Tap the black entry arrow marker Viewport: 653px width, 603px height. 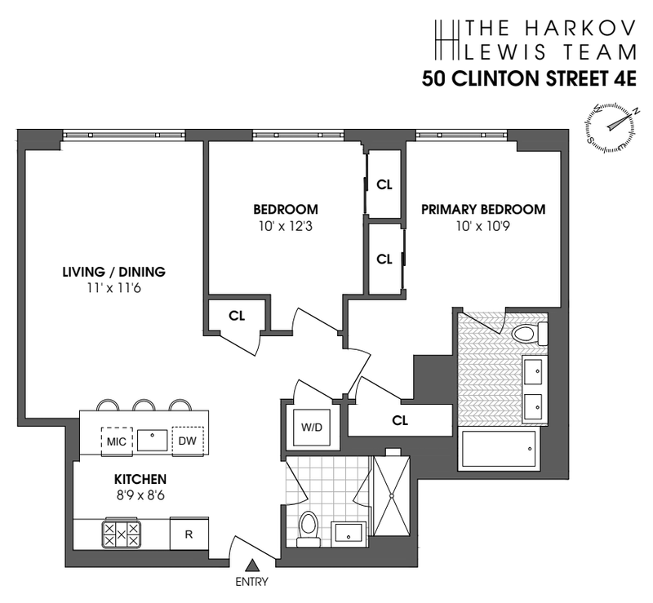pyautogui.click(x=252, y=565)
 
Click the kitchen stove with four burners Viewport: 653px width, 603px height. pyautogui.click(x=121, y=534)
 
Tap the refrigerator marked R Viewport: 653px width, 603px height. pyautogui.click(x=189, y=534)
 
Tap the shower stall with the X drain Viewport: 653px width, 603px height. pyautogui.click(x=394, y=494)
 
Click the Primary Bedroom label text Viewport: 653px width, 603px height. pyautogui.click(x=483, y=210)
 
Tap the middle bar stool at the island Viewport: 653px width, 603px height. pyautogui.click(x=144, y=406)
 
